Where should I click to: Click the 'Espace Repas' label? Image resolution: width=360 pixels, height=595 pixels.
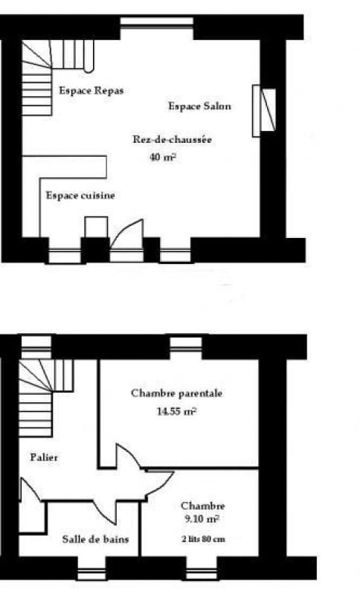(x=91, y=91)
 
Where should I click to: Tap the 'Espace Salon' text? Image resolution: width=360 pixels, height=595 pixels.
(x=199, y=106)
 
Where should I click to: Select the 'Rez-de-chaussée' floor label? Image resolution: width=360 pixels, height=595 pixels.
(x=173, y=139)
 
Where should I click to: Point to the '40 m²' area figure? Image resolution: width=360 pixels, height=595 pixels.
(x=163, y=157)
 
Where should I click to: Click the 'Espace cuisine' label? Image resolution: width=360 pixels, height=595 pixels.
(x=80, y=196)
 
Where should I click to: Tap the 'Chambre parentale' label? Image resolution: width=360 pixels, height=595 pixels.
(x=176, y=393)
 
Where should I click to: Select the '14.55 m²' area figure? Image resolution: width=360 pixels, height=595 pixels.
(x=176, y=411)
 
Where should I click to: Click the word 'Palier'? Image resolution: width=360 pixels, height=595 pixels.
(x=45, y=457)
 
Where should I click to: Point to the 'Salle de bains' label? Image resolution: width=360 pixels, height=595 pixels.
(x=95, y=539)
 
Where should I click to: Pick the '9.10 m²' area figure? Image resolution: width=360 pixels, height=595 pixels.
(x=202, y=518)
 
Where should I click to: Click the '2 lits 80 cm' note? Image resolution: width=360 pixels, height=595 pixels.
(x=203, y=539)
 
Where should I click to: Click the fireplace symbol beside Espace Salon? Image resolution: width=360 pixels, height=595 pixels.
(x=264, y=110)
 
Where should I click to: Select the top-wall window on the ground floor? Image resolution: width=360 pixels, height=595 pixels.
(x=157, y=24)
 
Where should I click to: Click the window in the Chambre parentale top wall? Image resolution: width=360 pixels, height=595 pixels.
(x=185, y=344)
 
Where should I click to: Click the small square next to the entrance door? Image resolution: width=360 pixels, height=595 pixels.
(x=96, y=227)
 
